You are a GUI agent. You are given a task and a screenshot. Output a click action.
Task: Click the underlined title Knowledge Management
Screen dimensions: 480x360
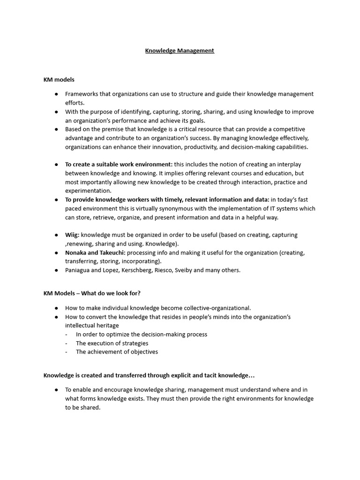(180, 51)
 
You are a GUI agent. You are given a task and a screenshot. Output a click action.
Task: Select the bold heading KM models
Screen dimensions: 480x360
(59, 80)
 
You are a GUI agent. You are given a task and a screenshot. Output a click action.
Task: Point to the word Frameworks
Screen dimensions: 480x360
(81, 94)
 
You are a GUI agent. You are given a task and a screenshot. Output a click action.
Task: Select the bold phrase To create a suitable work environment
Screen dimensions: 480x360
(119, 164)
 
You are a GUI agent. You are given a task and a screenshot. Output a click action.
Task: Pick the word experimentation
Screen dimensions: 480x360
(88, 191)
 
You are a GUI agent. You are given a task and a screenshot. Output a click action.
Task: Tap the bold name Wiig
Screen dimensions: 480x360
(72, 235)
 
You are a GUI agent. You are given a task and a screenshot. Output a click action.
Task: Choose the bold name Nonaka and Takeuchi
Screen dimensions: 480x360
(95, 253)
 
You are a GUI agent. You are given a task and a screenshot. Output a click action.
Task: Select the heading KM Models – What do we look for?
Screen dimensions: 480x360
(92, 293)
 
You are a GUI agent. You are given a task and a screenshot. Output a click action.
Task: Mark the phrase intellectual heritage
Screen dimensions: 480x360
(92, 325)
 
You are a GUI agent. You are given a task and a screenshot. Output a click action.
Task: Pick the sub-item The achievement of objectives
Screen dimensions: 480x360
(117, 352)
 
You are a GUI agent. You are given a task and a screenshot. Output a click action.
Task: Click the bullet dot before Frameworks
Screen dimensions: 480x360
(56, 94)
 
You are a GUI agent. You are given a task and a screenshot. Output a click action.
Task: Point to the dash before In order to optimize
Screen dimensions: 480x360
(66, 335)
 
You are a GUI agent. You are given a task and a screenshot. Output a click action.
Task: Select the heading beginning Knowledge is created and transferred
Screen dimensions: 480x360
(149, 375)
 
